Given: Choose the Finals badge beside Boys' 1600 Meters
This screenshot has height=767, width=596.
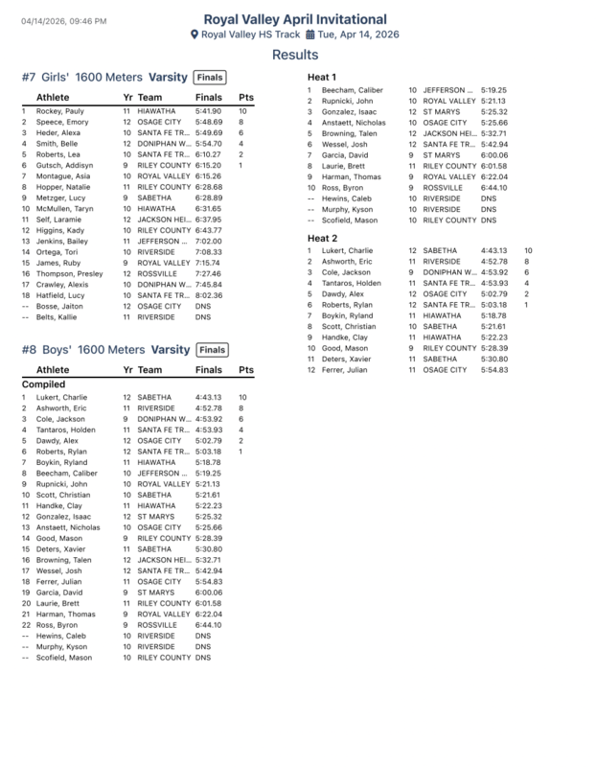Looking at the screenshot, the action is (213, 350).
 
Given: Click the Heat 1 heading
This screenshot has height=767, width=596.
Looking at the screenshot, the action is (321, 76).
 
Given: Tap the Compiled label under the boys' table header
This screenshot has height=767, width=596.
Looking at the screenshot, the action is (43, 383).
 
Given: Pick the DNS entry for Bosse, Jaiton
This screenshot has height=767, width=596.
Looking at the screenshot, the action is (202, 306).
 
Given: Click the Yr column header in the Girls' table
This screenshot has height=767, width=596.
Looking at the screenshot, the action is (128, 98).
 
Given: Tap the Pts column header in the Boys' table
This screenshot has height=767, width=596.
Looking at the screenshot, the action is (245, 368).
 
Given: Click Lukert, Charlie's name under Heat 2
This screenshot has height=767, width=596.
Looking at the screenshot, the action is (347, 250).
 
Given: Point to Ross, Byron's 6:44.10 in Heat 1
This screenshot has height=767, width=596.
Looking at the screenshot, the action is (493, 188).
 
